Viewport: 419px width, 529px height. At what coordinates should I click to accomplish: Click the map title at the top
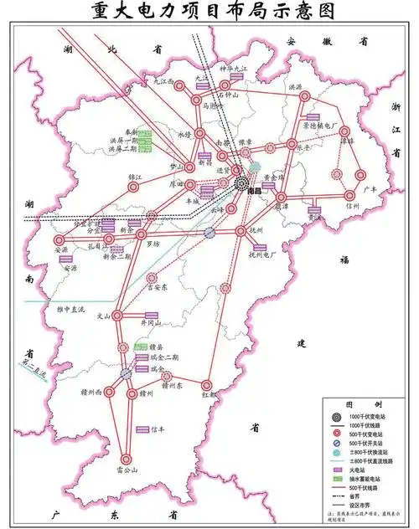point(209,12)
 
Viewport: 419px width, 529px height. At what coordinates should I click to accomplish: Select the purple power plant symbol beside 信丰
point(143,429)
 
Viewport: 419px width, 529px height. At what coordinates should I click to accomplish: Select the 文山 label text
point(102,316)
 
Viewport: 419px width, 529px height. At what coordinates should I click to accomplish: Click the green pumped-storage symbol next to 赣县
point(142,346)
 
